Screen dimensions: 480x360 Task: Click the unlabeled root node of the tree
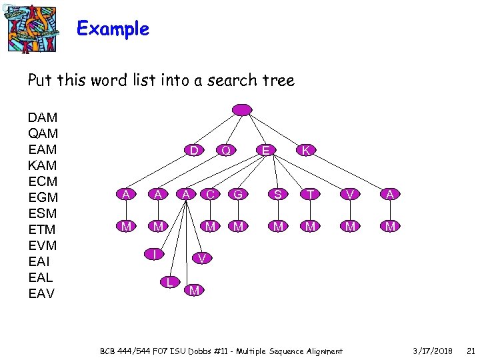point(241,109)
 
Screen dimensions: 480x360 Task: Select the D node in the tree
point(193,151)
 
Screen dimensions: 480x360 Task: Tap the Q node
point(227,151)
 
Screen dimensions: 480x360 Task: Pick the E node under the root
point(265,151)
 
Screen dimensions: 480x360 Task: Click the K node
point(305,151)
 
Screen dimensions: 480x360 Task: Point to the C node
point(210,194)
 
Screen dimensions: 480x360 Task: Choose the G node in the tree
point(237,194)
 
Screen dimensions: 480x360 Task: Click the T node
point(309,194)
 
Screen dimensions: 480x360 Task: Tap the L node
point(171,282)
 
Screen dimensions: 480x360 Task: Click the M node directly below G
point(237,227)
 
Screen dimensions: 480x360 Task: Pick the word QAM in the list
point(43,133)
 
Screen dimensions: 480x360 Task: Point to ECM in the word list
point(43,181)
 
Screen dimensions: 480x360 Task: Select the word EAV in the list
point(43,293)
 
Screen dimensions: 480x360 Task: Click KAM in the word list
point(43,165)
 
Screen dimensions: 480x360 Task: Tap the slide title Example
point(113,29)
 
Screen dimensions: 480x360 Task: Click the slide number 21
point(470,351)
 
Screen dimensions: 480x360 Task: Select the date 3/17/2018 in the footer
point(432,351)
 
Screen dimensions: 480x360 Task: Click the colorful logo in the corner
point(31,28)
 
